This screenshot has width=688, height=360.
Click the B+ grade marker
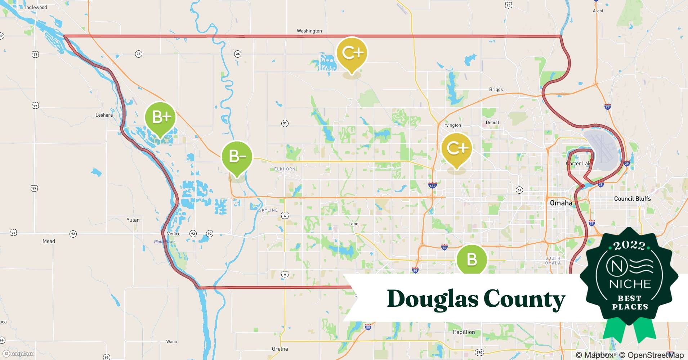click(x=160, y=117)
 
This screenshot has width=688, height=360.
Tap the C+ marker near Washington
click(x=352, y=53)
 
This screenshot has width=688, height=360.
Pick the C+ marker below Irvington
click(x=457, y=148)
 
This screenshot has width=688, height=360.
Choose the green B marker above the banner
click(x=472, y=259)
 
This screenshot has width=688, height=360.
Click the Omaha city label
click(x=561, y=203)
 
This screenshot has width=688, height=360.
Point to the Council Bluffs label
click(x=632, y=199)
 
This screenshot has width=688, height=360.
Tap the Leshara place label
click(x=104, y=115)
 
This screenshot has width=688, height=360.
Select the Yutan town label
click(x=133, y=220)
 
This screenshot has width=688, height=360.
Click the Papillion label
click(x=464, y=332)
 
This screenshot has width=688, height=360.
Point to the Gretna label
click(x=280, y=349)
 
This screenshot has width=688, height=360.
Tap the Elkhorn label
click(x=285, y=169)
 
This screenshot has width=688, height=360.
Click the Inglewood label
click(x=36, y=8)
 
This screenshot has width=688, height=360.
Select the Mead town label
click(x=49, y=241)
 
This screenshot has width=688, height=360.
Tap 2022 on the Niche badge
click(x=630, y=246)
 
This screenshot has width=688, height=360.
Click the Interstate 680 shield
click(x=432, y=185)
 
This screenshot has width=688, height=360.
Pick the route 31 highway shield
click(x=285, y=123)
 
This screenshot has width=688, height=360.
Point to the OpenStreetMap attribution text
click(x=651, y=355)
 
